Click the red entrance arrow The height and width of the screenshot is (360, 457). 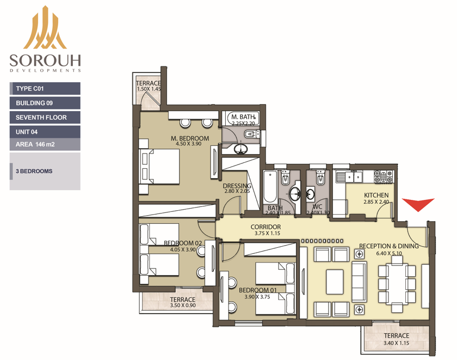pyautogui.click(x=418, y=204)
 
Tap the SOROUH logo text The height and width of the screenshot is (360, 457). pyautogui.click(x=45, y=60)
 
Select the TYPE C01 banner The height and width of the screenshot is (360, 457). pyautogui.click(x=45, y=88)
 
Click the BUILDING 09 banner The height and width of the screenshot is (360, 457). pyautogui.click(x=45, y=103)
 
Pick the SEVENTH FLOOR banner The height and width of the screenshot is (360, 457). pyautogui.click(x=45, y=117)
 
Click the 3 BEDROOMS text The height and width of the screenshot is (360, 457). pyautogui.click(x=34, y=171)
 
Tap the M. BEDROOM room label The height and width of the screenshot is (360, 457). pyautogui.click(x=190, y=138)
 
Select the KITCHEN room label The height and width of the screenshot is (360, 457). pyautogui.click(x=376, y=195)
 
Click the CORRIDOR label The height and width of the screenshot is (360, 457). pyautogui.click(x=266, y=227)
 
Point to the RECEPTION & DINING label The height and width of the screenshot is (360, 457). pyautogui.click(x=389, y=246)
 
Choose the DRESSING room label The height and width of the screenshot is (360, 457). pyautogui.click(x=237, y=186)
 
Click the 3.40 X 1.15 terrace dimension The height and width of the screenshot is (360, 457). pyautogui.click(x=397, y=343)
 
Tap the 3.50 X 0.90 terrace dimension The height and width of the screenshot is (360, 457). pyautogui.click(x=183, y=306)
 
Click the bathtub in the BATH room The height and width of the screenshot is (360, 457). pyautogui.click(x=270, y=187)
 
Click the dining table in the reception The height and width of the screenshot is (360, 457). pyautogui.click(x=397, y=284)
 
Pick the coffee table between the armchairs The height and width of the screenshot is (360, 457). pyautogui.click(x=335, y=282)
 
